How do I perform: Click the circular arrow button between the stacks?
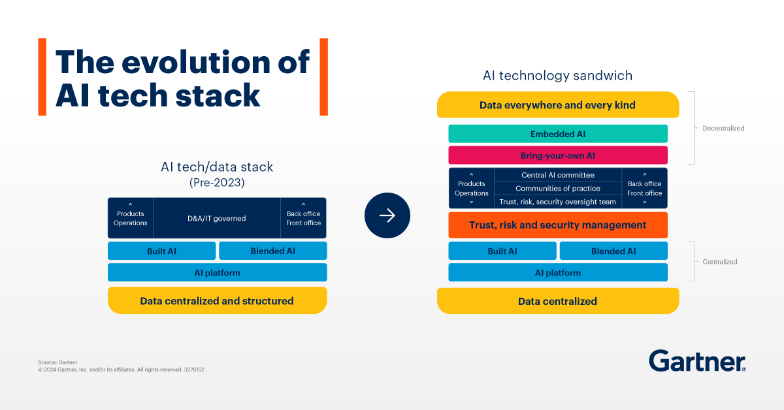click(387, 215)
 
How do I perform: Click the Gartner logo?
click(697, 360)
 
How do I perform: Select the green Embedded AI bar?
click(557, 134)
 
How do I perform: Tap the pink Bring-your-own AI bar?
click(557, 155)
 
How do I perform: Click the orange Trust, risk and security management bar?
click(557, 225)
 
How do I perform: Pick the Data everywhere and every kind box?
click(557, 105)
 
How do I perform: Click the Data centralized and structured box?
click(217, 301)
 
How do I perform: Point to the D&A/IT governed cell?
click(217, 218)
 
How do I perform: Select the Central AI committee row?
click(557, 175)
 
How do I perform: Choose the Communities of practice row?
click(557, 189)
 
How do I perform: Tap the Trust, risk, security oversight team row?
click(557, 202)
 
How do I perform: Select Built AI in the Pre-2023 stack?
click(161, 251)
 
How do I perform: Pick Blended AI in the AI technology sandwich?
click(613, 251)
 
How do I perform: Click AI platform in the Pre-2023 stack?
click(217, 273)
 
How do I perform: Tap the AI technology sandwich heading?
click(557, 76)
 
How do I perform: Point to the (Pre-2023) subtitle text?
click(217, 183)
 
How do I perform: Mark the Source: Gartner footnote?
click(57, 362)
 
